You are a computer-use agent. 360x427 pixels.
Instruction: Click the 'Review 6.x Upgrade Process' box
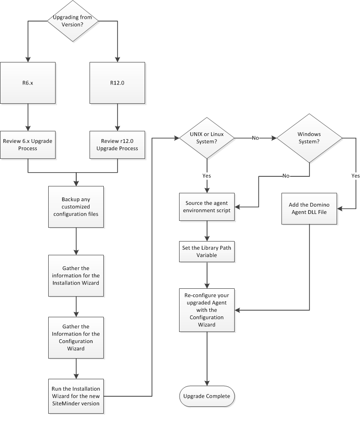click(x=28, y=144)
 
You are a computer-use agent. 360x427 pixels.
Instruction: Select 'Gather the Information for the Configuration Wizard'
click(x=76, y=337)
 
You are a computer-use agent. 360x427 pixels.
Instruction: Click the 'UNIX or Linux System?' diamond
click(x=207, y=137)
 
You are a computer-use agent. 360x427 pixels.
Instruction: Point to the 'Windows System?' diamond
click(x=309, y=137)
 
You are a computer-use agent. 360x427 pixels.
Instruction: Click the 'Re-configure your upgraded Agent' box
click(x=207, y=310)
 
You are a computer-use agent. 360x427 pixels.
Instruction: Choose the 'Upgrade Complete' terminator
click(x=207, y=396)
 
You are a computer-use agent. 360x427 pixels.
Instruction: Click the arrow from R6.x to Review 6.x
click(x=28, y=116)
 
